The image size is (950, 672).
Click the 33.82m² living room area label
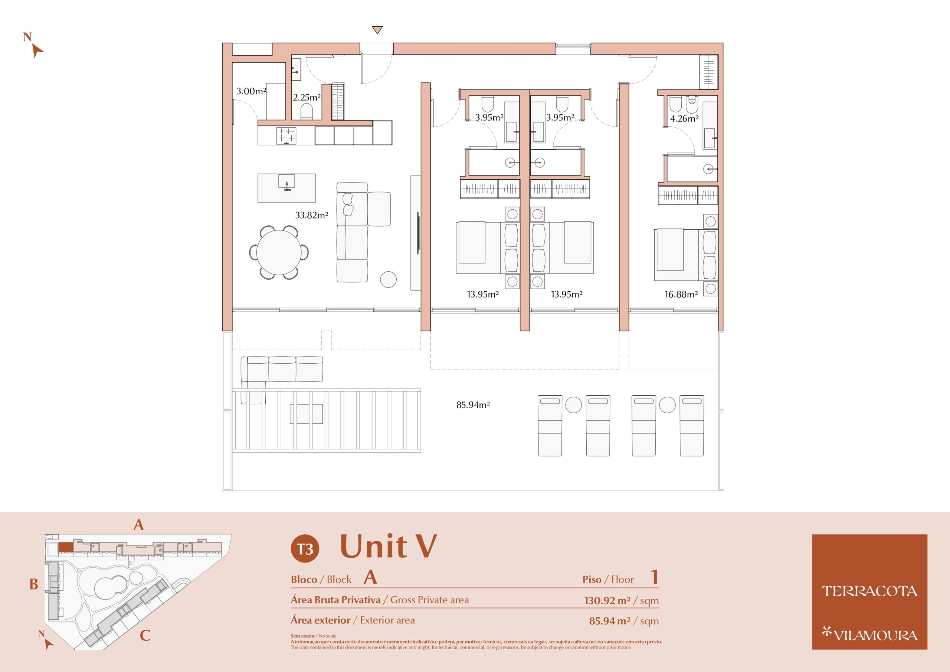(312, 215)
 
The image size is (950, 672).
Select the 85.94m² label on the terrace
(473, 405)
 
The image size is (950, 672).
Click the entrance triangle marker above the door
(377, 30)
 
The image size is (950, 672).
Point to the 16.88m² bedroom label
(681, 295)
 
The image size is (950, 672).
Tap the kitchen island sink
(286, 183)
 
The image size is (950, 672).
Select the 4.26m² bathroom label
(684, 119)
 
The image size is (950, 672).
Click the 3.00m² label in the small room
(251, 91)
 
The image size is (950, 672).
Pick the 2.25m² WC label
(307, 98)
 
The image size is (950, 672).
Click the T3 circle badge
(305, 549)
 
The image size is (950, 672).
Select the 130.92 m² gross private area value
(607, 600)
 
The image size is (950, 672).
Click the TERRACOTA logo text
(869, 591)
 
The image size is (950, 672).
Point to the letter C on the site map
(145, 636)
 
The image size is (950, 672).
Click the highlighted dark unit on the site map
(65, 547)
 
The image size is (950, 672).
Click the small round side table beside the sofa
(388, 279)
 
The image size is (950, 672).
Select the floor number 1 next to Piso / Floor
(655, 577)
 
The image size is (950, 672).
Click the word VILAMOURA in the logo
(875, 635)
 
